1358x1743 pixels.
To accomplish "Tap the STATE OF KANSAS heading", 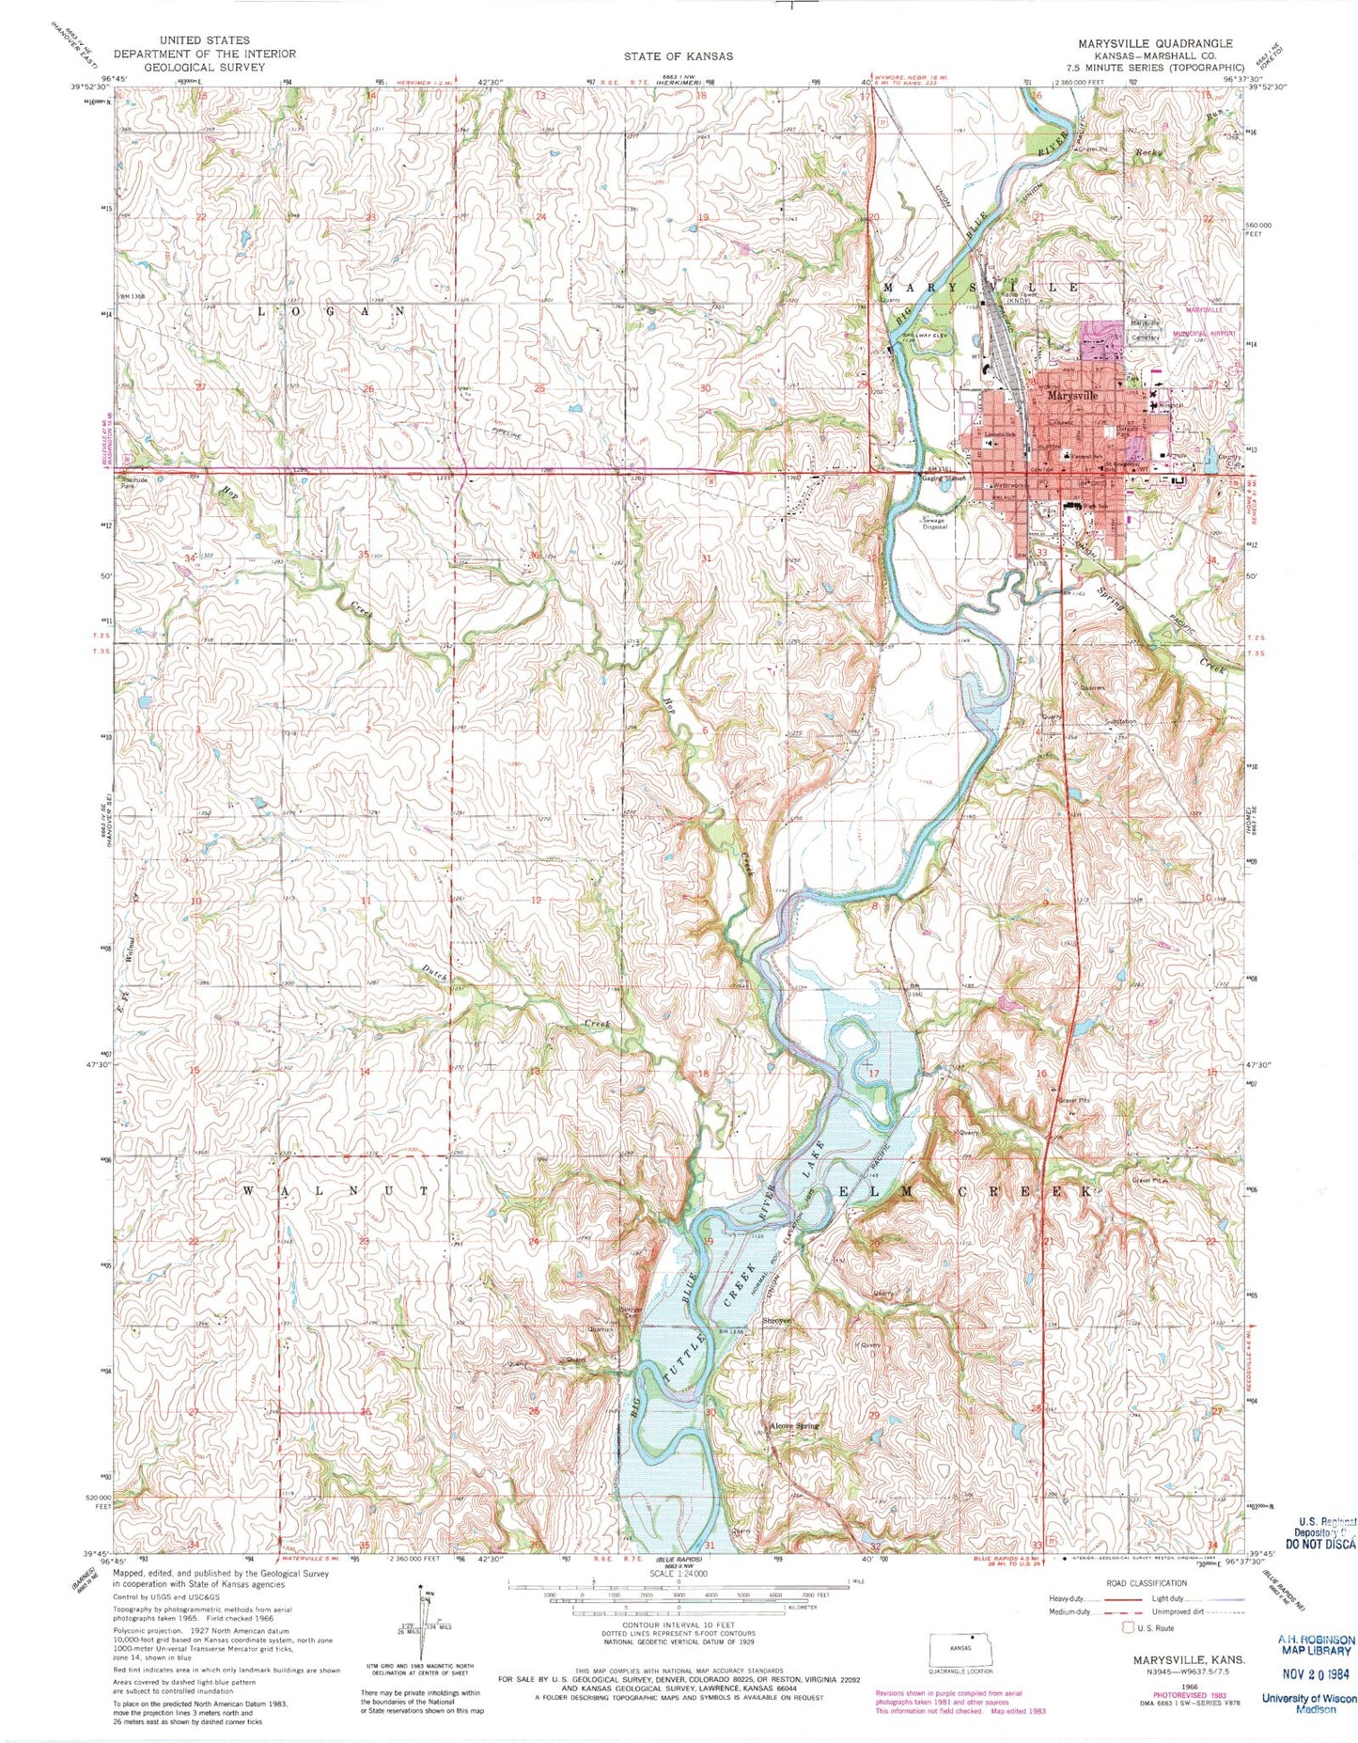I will (x=679, y=55).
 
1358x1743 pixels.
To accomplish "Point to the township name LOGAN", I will (x=331, y=309).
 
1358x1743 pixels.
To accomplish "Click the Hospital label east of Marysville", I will (x=1171, y=405).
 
